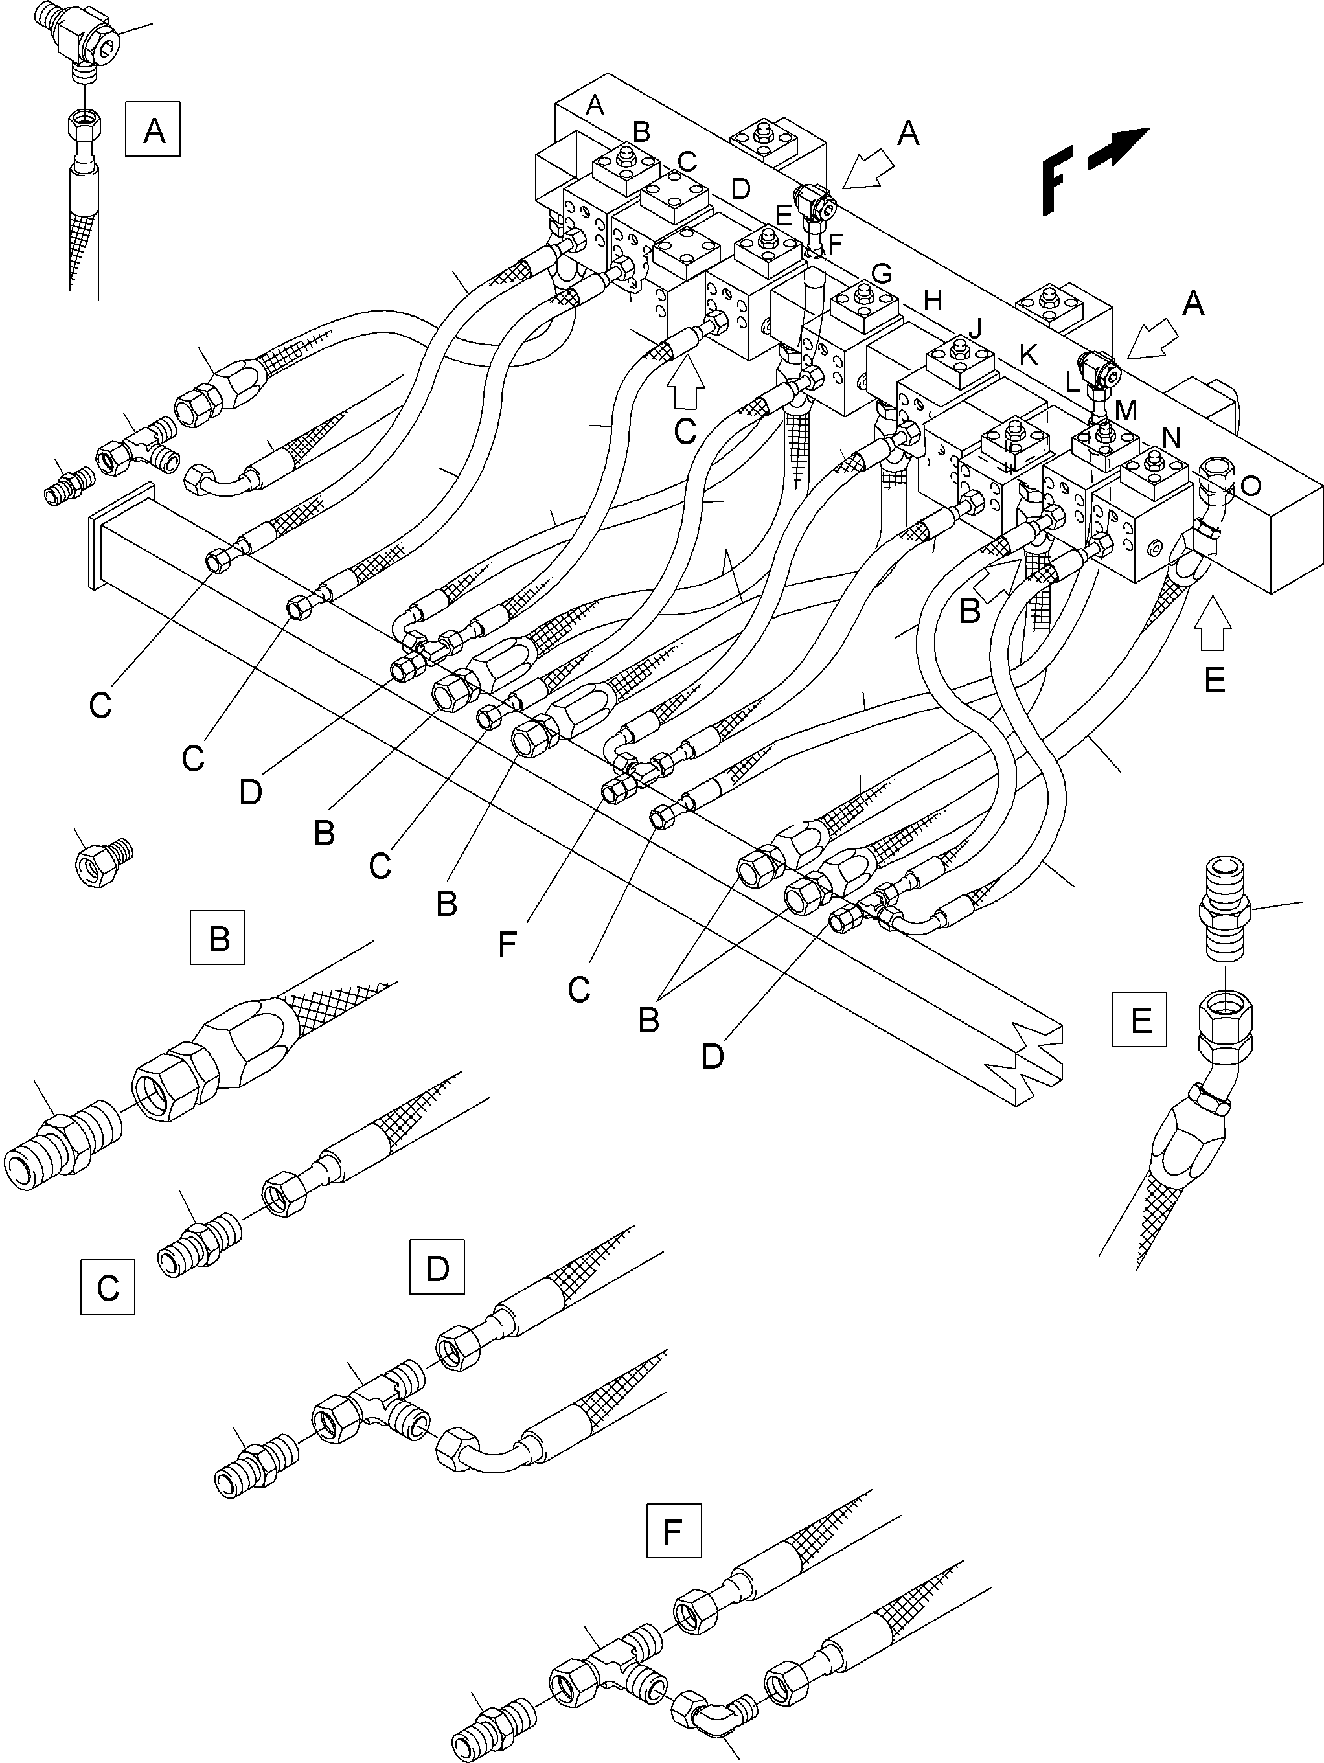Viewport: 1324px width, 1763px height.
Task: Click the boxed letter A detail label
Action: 153,129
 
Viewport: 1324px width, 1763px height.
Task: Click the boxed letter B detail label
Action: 218,938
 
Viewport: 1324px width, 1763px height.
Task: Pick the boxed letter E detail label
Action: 1140,1019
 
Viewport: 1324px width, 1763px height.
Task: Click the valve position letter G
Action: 881,273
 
